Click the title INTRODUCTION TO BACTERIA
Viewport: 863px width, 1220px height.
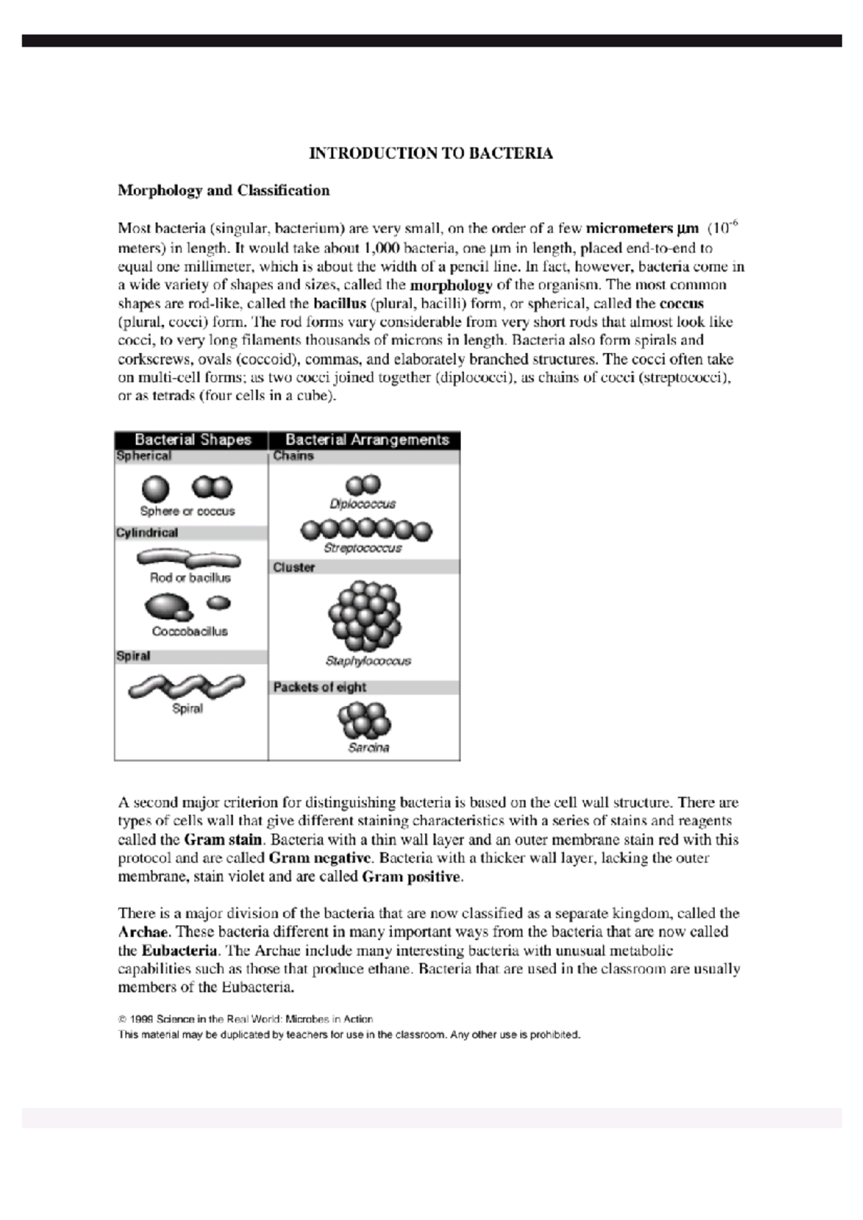[x=430, y=153]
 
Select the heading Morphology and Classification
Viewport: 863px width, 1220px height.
[x=224, y=191]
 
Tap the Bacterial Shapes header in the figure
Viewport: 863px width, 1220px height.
[x=193, y=440]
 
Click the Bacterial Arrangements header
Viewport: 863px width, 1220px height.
[x=367, y=440]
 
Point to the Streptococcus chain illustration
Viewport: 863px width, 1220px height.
[x=366, y=531]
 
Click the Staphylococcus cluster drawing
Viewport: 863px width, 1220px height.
[x=364, y=616]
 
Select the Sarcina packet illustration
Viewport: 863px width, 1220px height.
[x=365, y=721]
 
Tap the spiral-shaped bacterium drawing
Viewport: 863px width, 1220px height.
[x=186, y=687]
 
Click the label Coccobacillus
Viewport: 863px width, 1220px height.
[x=190, y=631]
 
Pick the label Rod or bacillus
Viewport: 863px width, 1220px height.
[x=190, y=577]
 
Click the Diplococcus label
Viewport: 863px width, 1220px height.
[x=362, y=504]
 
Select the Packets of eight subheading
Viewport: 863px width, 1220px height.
[x=319, y=687]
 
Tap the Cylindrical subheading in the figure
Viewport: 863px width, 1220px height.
[x=147, y=533]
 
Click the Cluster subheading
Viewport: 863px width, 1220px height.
[x=293, y=567]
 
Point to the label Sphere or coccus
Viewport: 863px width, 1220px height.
[x=187, y=511]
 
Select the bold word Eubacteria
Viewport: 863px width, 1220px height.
[x=179, y=950]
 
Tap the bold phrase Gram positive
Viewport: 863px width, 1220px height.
[x=411, y=876]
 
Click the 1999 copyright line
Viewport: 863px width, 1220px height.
[x=245, y=1019]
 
